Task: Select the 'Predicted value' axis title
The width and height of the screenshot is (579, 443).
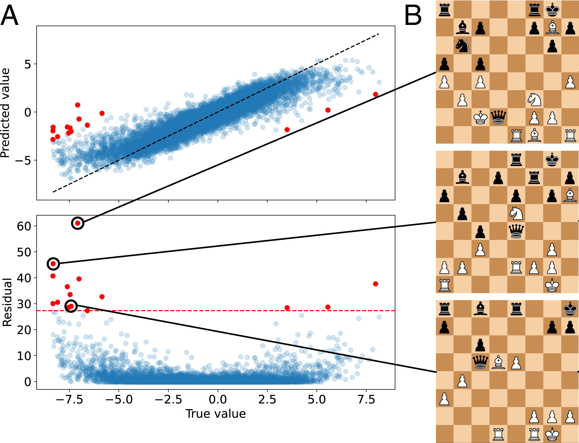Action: click(x=5, y=113)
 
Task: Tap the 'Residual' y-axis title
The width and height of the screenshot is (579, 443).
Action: click(x=7, y=302)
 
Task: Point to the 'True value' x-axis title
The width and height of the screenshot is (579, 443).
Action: click(x=216, y=414)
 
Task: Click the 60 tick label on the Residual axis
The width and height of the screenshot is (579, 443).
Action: click(x=24, y=226)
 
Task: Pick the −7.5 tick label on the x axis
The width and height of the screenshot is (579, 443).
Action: click(x=69, y=400)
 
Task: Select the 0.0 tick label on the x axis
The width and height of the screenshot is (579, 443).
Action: click(x=218, y=400)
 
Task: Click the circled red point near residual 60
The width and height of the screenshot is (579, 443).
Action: click(x=78, y=223)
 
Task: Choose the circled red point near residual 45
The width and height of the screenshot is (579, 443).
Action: click(x=53, y=264)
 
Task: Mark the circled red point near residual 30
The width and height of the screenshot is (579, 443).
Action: click(x=71, y=306)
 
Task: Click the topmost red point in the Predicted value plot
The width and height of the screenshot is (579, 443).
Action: click(x=78, y=105)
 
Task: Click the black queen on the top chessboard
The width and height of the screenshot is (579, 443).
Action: click(x=498, y=117)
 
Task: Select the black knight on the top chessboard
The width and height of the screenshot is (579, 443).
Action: click(x=462, y=45)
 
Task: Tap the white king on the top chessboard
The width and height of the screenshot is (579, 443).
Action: click(x=480, y=117)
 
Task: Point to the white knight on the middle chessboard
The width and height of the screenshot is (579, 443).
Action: click(x=516, y=213)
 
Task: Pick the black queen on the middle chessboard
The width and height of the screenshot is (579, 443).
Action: click(x=516, y=231)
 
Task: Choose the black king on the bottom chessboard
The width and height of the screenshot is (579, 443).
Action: click(x=570, y=309)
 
